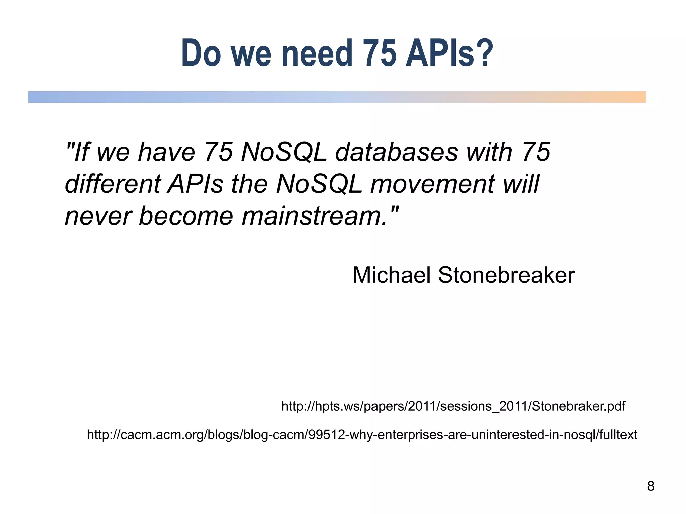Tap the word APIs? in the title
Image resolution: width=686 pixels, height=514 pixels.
450,53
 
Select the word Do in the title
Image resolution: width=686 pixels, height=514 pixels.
201,53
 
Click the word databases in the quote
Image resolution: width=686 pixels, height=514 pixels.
396,152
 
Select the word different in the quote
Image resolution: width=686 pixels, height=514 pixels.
113,184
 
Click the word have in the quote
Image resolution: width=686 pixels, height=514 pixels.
166,152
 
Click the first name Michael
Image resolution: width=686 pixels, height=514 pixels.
391,275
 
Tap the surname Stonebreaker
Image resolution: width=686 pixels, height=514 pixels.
506,275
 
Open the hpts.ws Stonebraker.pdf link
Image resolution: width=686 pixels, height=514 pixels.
453,406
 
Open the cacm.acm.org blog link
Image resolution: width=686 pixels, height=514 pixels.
362,435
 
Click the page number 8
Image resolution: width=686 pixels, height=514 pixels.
650,486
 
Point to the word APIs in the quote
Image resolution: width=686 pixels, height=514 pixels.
196,184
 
